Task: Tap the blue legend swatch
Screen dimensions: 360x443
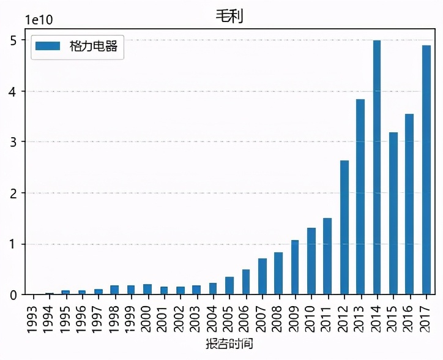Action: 48,46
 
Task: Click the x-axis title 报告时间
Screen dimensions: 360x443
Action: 229,344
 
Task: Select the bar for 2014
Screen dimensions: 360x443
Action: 377,167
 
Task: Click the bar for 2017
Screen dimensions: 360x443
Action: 426,170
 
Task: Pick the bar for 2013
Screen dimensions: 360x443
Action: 360,197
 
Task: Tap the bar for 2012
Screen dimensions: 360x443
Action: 344,227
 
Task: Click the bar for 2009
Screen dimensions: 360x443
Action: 295,267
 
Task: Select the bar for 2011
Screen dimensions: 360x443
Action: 328,256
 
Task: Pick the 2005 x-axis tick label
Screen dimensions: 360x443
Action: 229,314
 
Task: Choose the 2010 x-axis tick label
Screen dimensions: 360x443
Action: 311,314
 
